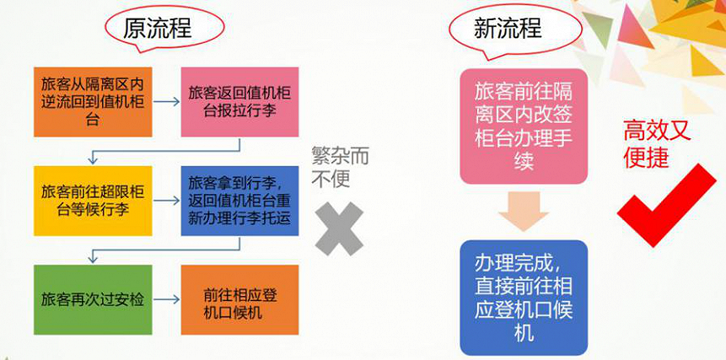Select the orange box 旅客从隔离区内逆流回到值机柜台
93,102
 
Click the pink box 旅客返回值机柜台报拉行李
239,102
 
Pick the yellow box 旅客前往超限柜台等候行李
93,201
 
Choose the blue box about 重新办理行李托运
239,201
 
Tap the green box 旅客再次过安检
93,300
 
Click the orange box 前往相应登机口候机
239,300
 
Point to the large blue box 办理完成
524,298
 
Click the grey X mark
339,228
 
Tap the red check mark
667,206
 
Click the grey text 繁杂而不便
341,168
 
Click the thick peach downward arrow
524,212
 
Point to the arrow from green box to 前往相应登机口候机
167,300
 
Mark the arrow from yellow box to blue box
167,201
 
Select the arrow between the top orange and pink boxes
167,102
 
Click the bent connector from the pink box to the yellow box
166,151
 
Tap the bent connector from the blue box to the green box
166,250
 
